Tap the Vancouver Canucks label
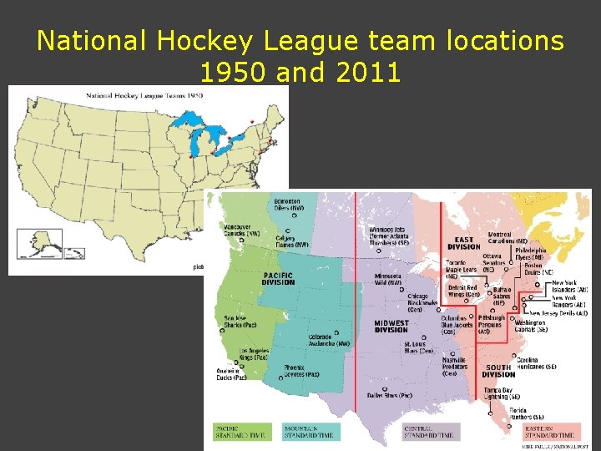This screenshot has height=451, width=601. (x=241, y=231)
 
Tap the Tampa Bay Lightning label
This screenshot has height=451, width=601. (x=501, y=393)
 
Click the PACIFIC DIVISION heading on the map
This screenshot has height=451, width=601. (x=279, y=278)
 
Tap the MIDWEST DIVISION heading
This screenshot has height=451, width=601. (x=391, y=325)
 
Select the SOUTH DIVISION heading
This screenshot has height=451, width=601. (x=499, y=370)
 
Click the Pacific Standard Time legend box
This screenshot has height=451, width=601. (x=243, y=431)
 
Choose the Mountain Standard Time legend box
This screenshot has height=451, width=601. (x=310, y=431)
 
